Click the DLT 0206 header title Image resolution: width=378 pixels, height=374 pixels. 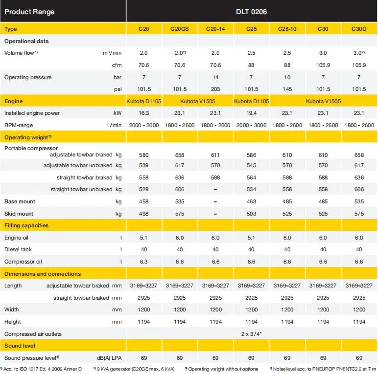(x=251, y=12)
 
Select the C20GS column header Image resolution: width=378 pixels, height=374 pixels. (x=179, y=29)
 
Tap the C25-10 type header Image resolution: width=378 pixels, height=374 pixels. (x=287, y=29)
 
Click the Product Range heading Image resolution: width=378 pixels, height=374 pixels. (x=29, y=12)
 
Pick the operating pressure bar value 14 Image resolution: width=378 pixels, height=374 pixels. (x=215, y=77)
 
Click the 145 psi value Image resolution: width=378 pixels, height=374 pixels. (x=287, y=89)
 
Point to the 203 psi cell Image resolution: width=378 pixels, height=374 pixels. (x=215, y=89)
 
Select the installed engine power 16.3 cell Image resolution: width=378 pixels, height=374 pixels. (x=143, y=113)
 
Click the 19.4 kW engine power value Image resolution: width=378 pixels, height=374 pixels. (x=251, y=113)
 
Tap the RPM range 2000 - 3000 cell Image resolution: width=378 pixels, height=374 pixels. (x=251, y=125)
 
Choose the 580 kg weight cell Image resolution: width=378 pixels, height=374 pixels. (x=143, y=155)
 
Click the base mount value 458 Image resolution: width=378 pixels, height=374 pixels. (x=143, y=201)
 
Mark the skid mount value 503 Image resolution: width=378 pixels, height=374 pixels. (x=251, y=214)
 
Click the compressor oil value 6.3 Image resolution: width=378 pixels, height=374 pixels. (x=143, y=262)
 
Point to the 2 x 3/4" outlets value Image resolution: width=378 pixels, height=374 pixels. (x=251, y=334)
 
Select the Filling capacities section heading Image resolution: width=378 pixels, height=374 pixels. (x=26, y=225)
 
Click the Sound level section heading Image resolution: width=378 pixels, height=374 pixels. (x=20, y=346)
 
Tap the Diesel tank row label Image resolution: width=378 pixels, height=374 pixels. (x=18, y=249)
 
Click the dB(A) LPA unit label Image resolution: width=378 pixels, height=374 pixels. (x=109, y=358)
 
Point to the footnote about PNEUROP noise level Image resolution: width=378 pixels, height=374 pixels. (x=323, y=369)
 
